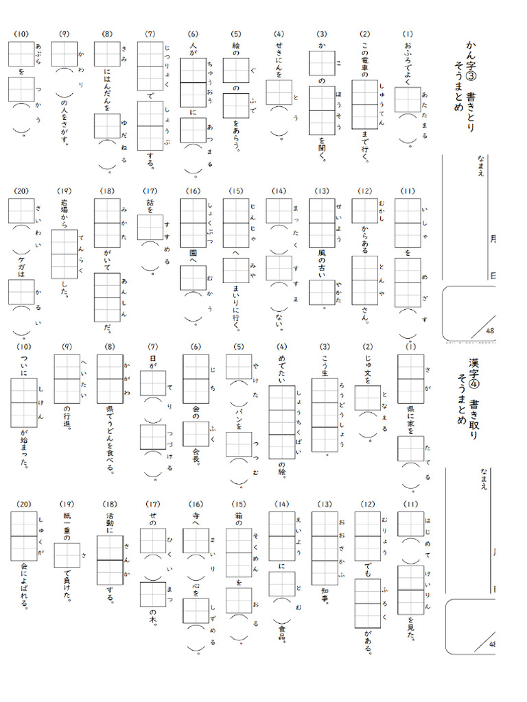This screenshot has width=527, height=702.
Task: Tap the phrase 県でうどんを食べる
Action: [x=109, y=439]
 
